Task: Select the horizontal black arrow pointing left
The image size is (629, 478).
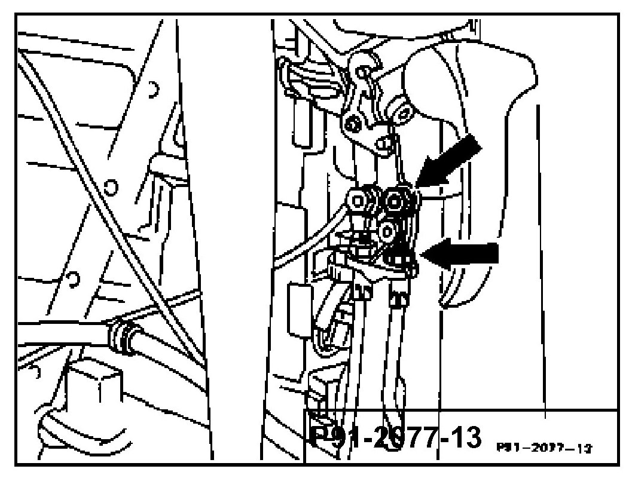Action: (x=463, y=253)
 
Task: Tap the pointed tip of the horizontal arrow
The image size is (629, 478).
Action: (x=423, y=254)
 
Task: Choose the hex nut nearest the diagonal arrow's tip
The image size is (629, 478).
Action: (x=395, y=201)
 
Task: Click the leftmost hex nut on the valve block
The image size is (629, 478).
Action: (x=361, y=197)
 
